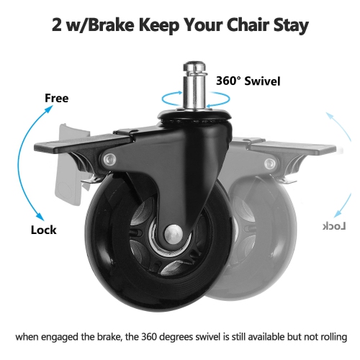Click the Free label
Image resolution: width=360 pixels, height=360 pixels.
57,98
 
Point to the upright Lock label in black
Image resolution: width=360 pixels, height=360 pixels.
44,230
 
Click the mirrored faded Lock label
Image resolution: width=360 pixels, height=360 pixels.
334,226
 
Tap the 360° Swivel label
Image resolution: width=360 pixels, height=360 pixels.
248,81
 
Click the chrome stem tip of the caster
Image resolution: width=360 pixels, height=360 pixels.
194,66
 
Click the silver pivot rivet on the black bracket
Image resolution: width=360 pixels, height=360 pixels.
109,159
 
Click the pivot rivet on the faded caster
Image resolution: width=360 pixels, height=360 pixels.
270,164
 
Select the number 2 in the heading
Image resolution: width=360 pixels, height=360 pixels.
57,24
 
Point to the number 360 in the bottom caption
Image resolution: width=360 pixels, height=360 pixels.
149,337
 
